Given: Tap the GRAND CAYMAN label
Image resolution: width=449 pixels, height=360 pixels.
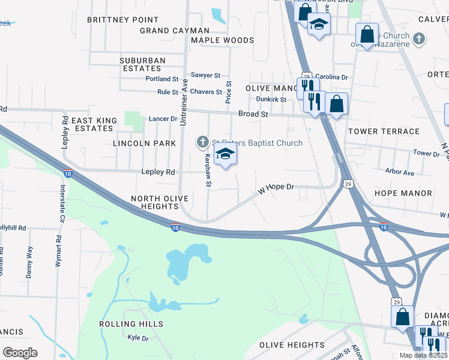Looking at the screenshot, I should (x=175, y=31).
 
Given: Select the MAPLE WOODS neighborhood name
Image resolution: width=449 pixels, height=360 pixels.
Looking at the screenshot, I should (x=222, y=41).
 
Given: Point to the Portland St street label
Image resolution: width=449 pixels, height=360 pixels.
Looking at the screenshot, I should (x=162, y=79).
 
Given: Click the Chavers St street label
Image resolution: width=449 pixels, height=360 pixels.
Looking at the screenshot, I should (x=206, y=92).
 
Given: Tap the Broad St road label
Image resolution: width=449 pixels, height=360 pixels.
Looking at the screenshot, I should (x=253, y=114).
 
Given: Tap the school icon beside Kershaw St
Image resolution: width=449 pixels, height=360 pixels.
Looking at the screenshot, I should (x=225, y=154).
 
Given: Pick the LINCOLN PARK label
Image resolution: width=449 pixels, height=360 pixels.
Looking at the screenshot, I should (x=145, y=143).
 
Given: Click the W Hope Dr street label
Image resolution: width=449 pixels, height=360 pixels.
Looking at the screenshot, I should (x=276, y=188).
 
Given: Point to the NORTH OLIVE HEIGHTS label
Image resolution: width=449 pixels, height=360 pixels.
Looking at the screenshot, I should (x=160, y=202).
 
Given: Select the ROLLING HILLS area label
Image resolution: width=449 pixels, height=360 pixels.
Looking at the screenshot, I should (x=131, y=324).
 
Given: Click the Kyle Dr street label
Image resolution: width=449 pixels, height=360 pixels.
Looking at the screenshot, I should (x=138, y=338).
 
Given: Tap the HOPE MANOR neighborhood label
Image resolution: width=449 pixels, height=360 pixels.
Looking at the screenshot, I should (x=403, y=193).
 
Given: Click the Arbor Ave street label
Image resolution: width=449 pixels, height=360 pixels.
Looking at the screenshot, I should (x=400, y=173).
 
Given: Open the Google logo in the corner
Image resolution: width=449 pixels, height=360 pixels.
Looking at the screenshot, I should (x=20, y=352).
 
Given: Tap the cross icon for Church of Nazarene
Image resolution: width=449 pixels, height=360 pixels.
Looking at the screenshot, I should (x=420, y=39).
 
